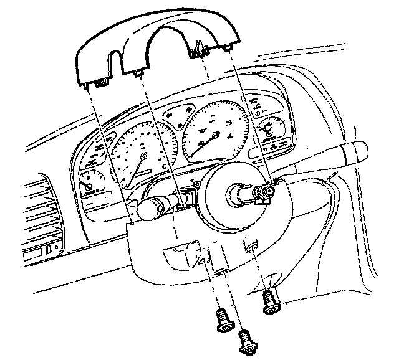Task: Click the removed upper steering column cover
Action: (x=156, y=50)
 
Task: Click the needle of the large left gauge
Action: (x=136, y=163)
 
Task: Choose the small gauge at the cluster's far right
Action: (x=269, y=130)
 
